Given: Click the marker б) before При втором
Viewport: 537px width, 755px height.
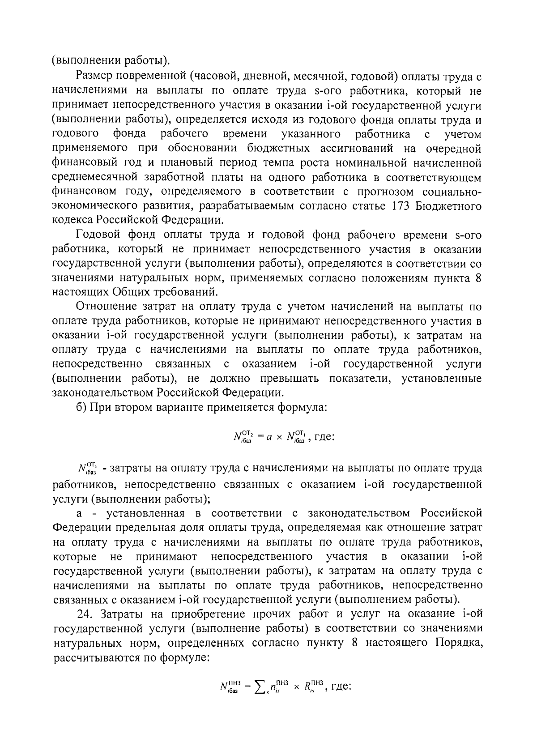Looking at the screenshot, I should click(x=82, y=407).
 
